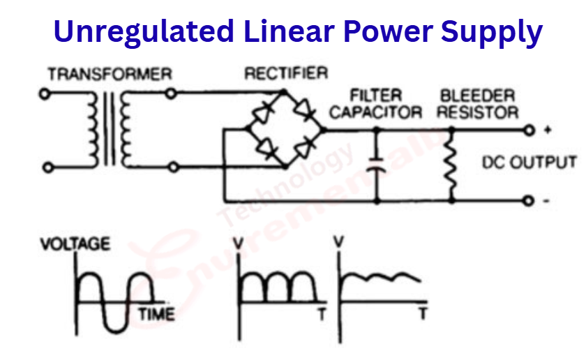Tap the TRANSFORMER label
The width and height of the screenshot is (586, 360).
click(110, 74)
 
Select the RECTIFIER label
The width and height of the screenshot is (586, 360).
click(285, 73)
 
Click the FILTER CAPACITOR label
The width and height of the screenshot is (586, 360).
click(375, 104)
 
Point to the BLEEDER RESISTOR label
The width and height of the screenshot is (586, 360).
click(478, 104)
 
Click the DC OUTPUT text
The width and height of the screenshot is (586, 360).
click(529, 163)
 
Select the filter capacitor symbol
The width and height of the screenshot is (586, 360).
click(377, 167)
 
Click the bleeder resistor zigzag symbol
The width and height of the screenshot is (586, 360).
click(451, 166)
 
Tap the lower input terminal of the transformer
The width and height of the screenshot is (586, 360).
click(45, 167)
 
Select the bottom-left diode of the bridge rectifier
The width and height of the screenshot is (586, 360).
click(266, 147)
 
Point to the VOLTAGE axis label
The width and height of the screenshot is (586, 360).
click(75, 245)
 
